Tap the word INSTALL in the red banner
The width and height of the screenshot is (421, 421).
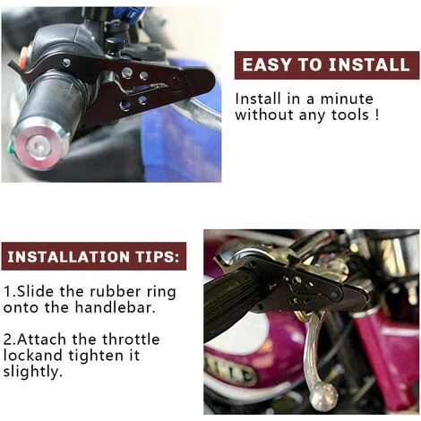pos(369,64)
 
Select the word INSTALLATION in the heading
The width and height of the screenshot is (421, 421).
pos(69,257)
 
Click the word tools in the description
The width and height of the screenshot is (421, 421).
pos(350,115)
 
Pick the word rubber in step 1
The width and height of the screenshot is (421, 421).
pos(115,292)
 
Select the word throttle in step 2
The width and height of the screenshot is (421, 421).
pos(131,339)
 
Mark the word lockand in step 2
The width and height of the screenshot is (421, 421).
pos(33,356)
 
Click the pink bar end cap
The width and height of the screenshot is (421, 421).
pos(36,146)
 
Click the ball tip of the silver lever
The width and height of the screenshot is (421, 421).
pos(323,396)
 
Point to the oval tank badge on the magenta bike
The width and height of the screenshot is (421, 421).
pos(230,371)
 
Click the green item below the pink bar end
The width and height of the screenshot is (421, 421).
pos(10,148)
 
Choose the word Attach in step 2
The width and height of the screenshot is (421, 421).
pos(41,339)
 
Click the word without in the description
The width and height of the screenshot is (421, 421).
pos(264,115)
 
